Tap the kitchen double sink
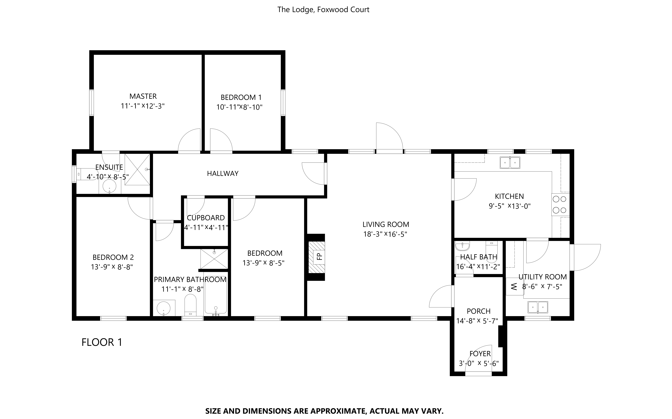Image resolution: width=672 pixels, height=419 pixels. pyautogui.click(x=510, y=163)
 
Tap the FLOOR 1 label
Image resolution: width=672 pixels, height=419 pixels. pyautogui.click(x=102, y=342)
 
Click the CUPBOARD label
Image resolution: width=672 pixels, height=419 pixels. pyautogui.click(x=206, y=218)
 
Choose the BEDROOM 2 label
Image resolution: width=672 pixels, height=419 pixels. pyautogui.click(x=113, y=257)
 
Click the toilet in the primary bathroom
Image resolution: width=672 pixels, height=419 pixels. pyautogui.click(x=190, y=305)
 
